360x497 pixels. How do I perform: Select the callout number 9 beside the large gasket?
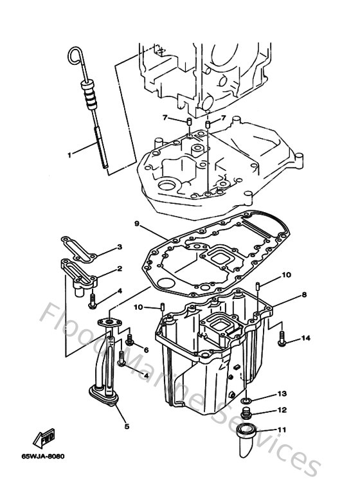[137, 223]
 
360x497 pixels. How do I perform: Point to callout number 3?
[119, 248]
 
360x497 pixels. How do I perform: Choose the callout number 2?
[120, 269]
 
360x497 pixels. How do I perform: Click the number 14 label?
[305, 338]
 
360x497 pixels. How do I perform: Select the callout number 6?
[146, 349]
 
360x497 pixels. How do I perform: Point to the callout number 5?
[126, 426]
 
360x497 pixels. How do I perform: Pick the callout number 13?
[282, 393]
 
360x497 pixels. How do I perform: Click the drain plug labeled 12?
[246, 412]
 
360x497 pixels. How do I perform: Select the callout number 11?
[282, 430]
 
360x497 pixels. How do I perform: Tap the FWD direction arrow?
[47, 439]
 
